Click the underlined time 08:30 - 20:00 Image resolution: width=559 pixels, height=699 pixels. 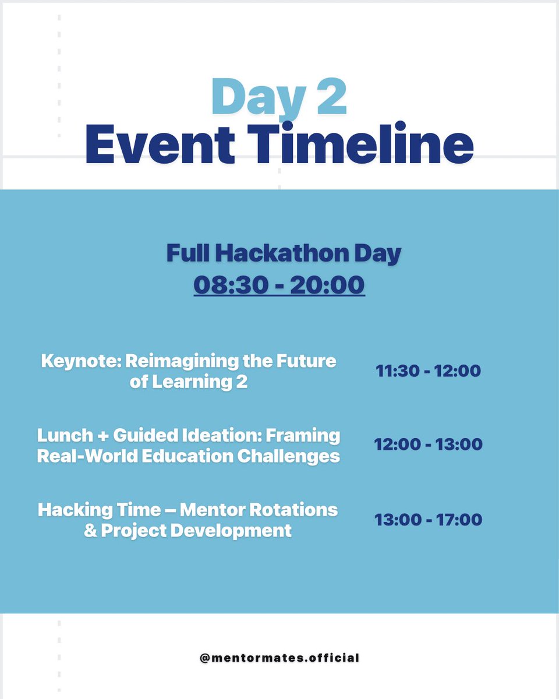point(279,286)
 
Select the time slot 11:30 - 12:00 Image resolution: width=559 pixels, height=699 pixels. point(428,370)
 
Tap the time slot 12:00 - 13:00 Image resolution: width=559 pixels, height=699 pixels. point(428,444)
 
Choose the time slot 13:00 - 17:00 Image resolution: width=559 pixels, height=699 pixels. point(428,519)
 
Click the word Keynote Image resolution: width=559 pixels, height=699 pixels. point(81,361)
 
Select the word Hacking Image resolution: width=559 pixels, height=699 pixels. point(75,510)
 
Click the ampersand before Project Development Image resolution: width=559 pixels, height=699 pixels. point(91,531)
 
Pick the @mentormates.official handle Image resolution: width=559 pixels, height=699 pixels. point(279,658)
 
